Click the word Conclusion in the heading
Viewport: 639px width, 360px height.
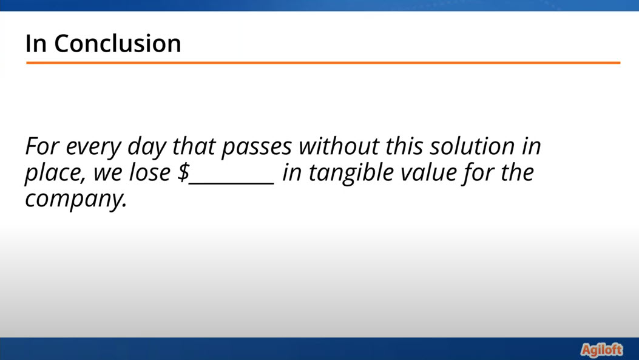[x=117, y=43]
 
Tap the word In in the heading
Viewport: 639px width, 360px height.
[x=36, y=43]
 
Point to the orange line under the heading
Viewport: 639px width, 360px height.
[x=323, y=63]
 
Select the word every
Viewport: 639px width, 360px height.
[x=93, y=147]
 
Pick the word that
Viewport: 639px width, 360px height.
[x=194, y=146]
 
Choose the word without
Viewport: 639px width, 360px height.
[x=339, y=146]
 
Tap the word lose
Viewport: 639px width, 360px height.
[x=150, y=172]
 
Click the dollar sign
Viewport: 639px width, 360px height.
[x=183, y=172]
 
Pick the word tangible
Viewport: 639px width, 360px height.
[x=351, y=173]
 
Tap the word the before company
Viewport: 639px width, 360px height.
[x=517, y=172]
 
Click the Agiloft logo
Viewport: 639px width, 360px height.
[x=602, y=350]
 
